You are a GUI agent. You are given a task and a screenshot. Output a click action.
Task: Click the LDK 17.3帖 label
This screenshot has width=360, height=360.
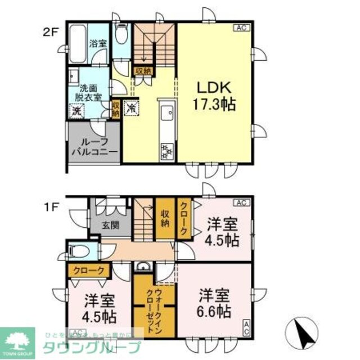[215, 96]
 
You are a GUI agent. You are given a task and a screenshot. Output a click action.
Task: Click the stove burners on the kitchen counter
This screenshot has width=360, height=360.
[168, 150]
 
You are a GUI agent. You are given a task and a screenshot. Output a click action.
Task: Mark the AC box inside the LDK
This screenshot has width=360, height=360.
[240, 28]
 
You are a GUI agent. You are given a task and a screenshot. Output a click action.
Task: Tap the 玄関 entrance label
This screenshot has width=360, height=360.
[110, 226]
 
